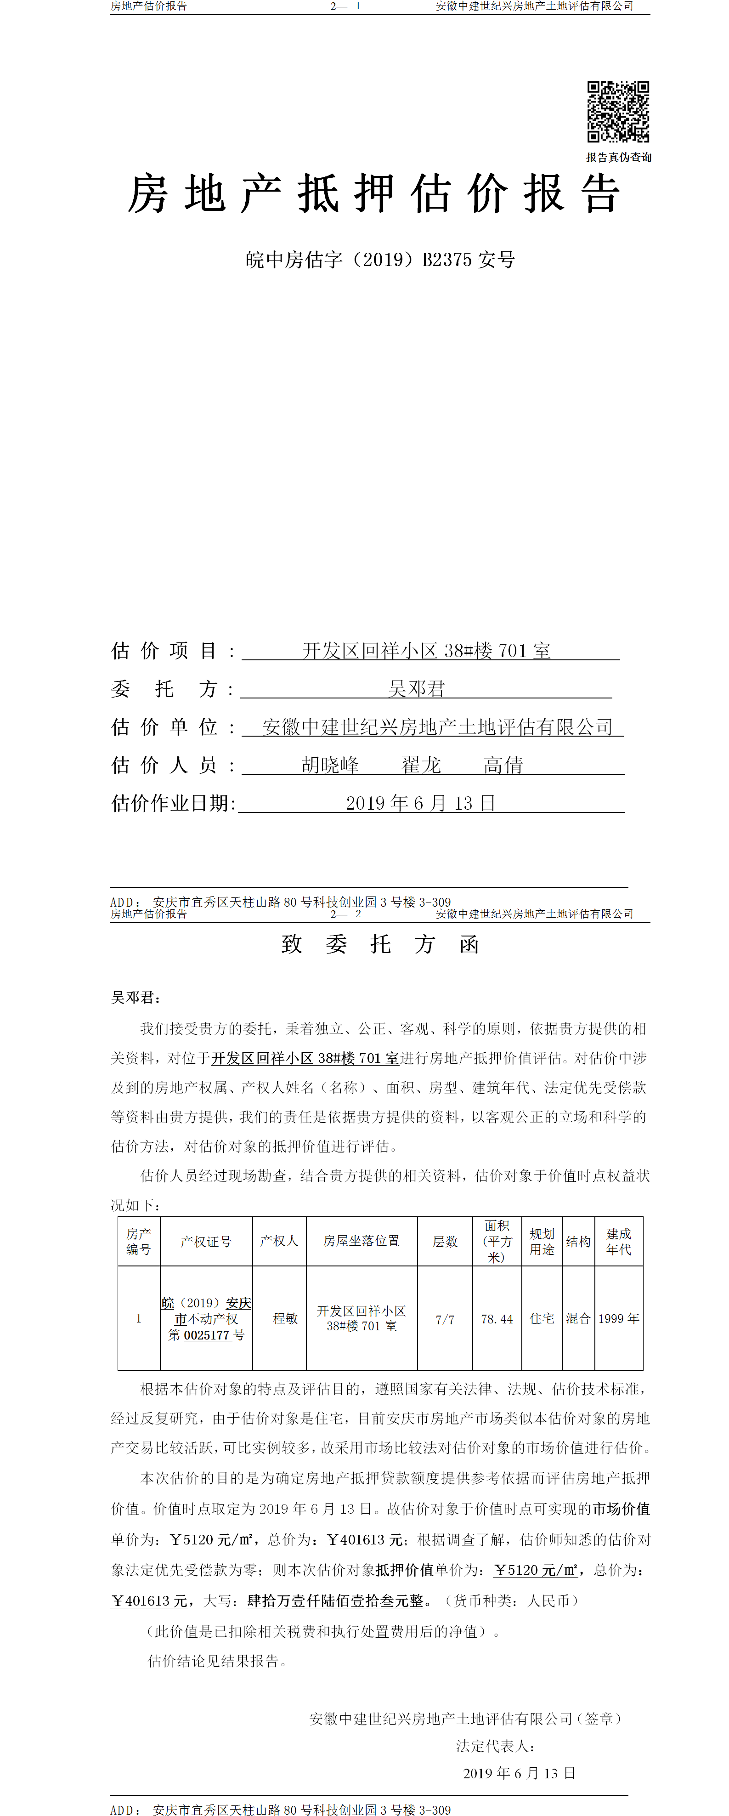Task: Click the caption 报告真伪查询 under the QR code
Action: click(618, 157)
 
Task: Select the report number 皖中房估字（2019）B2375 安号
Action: click(380, 260)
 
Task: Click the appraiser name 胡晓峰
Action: click(330, 765)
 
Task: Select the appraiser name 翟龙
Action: click(421, 765)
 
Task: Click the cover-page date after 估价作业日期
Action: click(420, 803)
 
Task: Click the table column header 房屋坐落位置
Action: click(361, 1241)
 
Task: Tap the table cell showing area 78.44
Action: click(497, 1319)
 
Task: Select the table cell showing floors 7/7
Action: click(444, 1319)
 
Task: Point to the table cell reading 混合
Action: click(578, 1318)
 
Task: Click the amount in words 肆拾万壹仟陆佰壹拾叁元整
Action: click(335, 1601)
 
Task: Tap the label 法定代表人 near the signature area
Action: click(495, 1746)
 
